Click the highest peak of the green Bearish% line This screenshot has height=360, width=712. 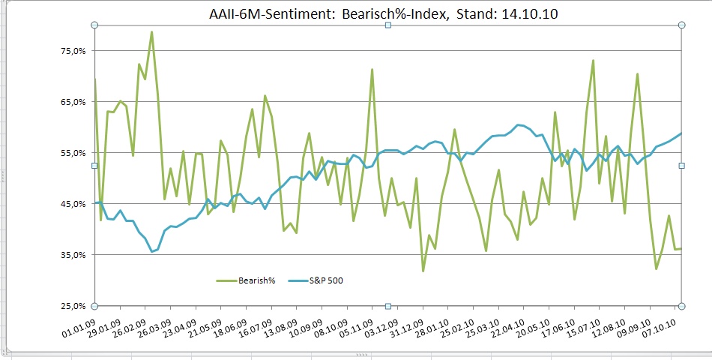tap(151, 31)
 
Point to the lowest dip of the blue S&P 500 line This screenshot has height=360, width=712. tap(152, 251)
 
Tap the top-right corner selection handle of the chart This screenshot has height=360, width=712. tap(682, 25)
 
